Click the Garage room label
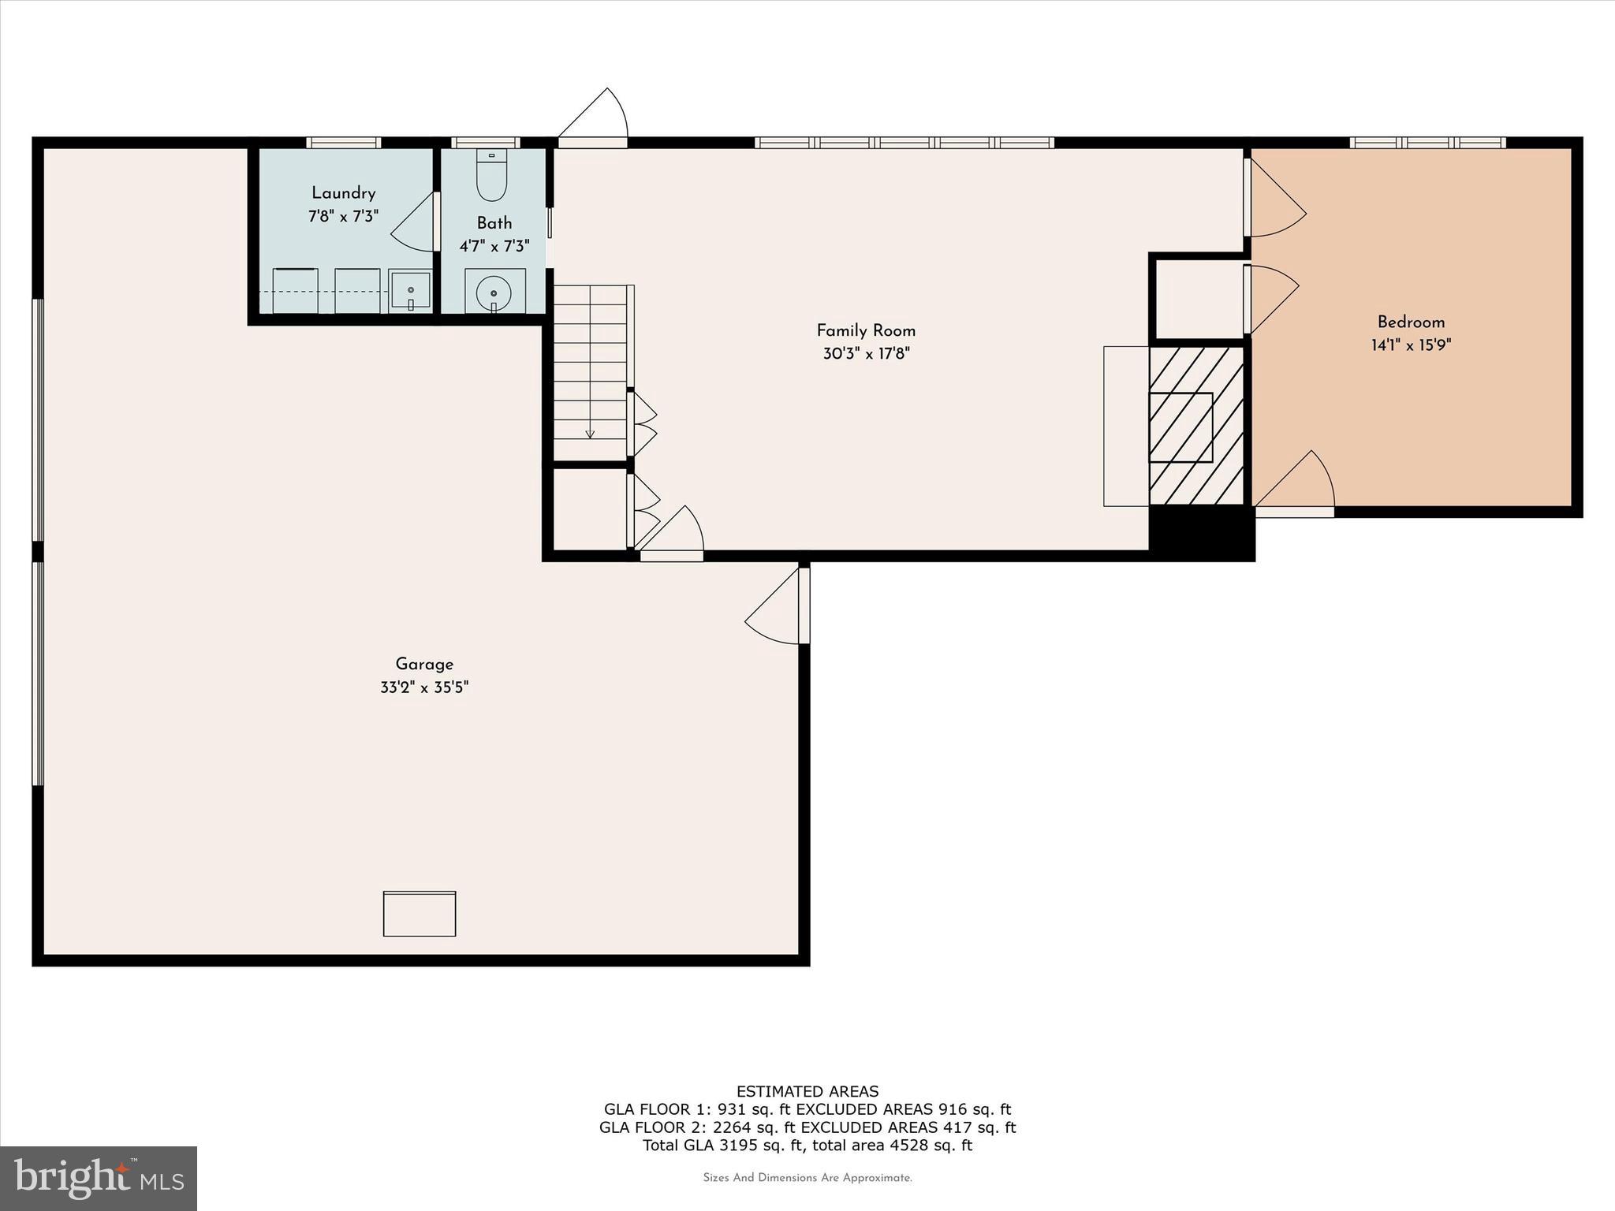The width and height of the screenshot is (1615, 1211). [x=424, y=664]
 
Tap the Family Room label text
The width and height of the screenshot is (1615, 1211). [x=866, y=330]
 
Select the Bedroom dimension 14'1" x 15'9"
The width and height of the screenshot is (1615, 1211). [x=1411, y=345]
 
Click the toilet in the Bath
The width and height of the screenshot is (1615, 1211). [x=492, y=177]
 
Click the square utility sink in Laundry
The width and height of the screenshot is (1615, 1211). [x=410, y=291]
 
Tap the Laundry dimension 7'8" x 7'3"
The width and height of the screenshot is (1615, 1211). [x=343, y=215]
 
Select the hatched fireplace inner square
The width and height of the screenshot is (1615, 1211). [x=1180, y=427]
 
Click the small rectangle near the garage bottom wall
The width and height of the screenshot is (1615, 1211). [x=420, y=914]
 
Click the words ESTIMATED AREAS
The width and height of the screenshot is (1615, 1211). [x=807, y=1091]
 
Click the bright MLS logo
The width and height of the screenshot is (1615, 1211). [x=99, y=1178]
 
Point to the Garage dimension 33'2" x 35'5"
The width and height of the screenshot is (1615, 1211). [x=424, y=687]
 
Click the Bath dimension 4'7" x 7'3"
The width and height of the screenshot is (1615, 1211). [x=494, y=246]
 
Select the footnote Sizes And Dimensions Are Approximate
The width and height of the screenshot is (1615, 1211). [x=807, y=1178]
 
